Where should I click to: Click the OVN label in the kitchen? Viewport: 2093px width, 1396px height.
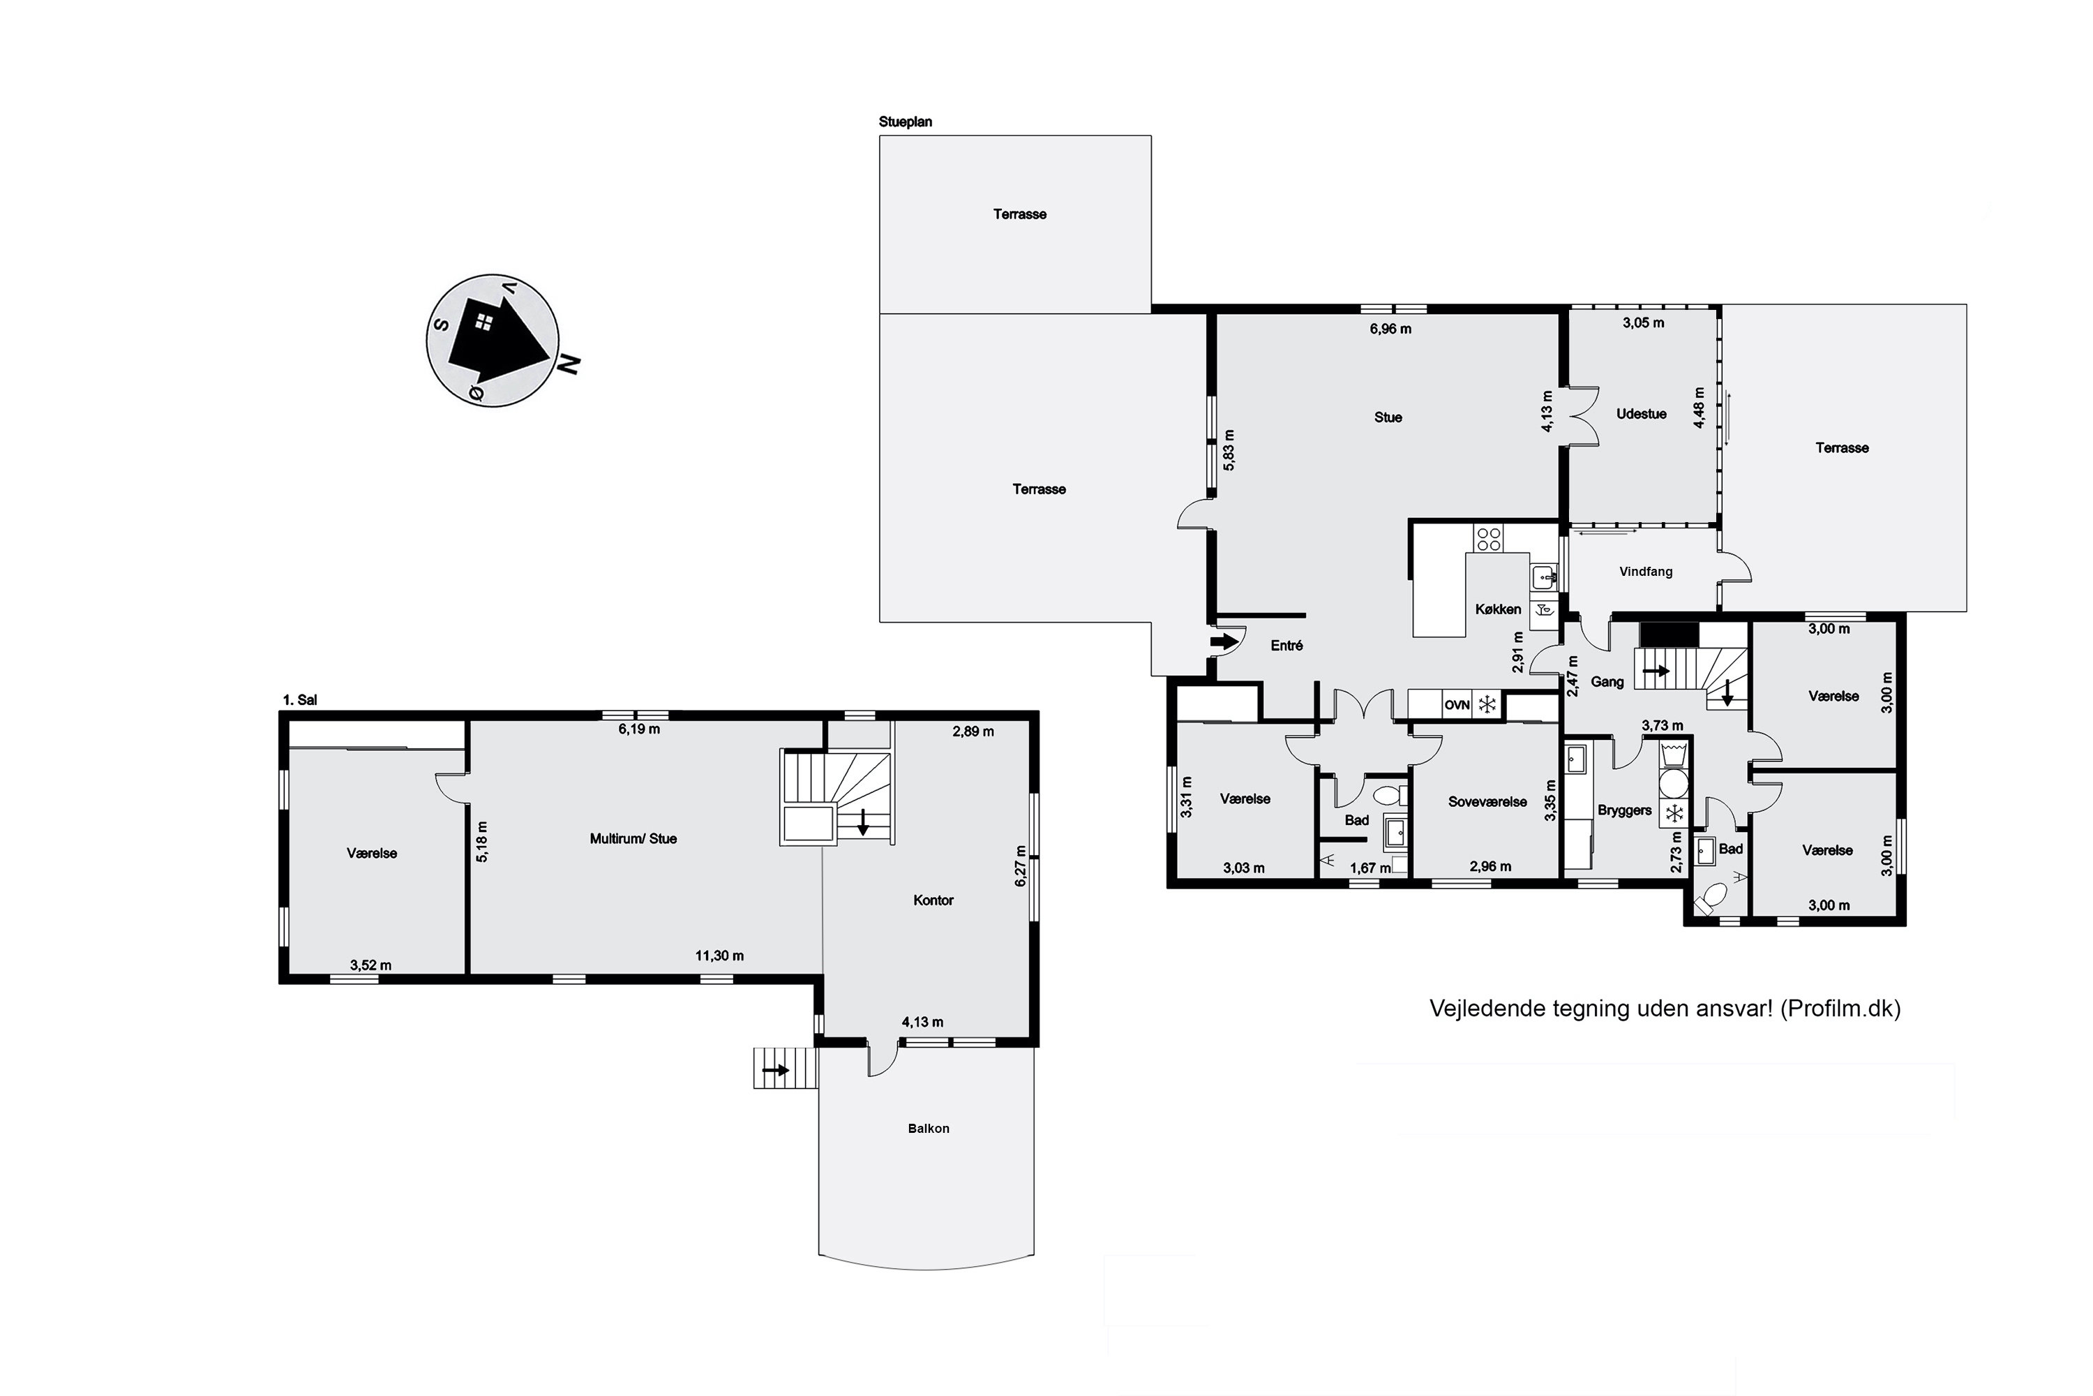tap(1457, 705)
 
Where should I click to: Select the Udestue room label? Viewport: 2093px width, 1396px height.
tap(1641, 414)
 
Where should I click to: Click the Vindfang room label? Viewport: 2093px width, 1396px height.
tap(1645, 572)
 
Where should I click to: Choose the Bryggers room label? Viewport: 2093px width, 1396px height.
tap(1624, 810)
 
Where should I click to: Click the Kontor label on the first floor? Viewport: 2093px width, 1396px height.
tap(933, 900)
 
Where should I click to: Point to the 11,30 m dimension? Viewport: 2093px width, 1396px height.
tap(719, 956)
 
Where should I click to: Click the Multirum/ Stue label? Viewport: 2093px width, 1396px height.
tap(633, 839)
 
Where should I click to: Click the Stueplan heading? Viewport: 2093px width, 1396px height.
tap(905, 122)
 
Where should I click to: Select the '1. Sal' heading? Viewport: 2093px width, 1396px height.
tap(300, 701)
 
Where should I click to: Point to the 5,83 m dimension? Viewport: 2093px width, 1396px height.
tap(1229, 450)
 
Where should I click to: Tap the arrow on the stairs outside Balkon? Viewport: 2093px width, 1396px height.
tap(776, 1069)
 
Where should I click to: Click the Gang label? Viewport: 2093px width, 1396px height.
tap(1607, 682)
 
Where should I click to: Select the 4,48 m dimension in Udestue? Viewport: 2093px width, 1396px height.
tap(1699, 408)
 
